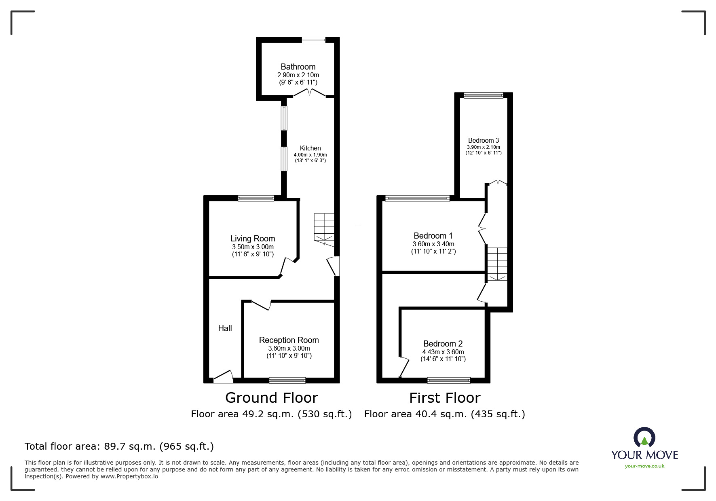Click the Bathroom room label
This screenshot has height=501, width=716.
(x=298, y=67)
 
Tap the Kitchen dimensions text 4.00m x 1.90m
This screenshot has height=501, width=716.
(x=310, y=155)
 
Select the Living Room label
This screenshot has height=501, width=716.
(x=253, y=239)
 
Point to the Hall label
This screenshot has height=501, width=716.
(x=225, y=328)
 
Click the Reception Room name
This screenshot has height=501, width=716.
(x=289, y=340)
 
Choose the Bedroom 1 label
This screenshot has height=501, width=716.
(x=433, y=236)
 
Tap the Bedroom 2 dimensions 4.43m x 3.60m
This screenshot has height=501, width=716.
(x=443, y=352)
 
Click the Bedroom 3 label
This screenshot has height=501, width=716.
(x=484, y=141)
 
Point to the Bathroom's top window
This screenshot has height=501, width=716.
(x=313, y=40)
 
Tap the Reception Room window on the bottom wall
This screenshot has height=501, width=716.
(x=287, y=380)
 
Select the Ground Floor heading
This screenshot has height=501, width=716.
(x=271, y=398)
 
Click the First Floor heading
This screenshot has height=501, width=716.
(x=445, y=398)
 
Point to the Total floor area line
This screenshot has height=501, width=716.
(x=119, y=446)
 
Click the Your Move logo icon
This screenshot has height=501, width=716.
(x=644, y=438)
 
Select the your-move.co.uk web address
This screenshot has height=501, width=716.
(x=644, y=466)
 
